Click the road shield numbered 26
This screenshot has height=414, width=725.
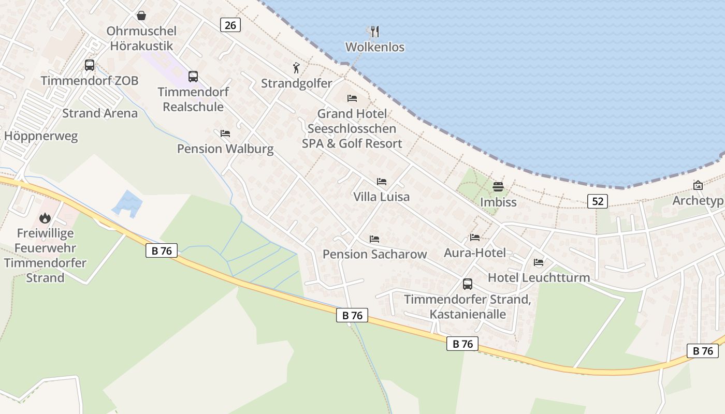(x=230, y=24)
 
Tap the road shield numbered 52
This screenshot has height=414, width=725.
(x=598, y=201)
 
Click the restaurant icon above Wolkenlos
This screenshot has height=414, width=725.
(x=375, y=32)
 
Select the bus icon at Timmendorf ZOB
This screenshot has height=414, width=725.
(x=90, y=65)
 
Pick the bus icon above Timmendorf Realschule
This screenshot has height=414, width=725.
(x=193, y=77)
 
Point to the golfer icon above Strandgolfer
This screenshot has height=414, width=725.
(x=296, y=68)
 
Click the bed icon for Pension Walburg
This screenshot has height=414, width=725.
(x=225, y=134)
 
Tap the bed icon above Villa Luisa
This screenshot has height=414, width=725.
(x=382, y=182)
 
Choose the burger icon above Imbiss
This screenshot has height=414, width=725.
(x=498, y=186)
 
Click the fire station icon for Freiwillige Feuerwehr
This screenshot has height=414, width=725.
(x=45, y=218)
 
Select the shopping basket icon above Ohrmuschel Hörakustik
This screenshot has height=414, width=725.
(x=141, y=16)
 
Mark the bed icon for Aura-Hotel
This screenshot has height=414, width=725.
(x=475, y=238)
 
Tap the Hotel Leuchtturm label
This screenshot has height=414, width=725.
(x=539, y=277)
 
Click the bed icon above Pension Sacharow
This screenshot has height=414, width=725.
(x=374, y=239)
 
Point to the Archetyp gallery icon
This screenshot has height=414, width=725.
(x=698, y=185)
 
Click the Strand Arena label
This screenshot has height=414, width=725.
(x=100, y=113)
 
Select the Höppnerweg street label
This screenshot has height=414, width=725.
(x=41, y=136)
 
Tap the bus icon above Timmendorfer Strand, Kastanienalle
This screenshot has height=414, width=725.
(x=468, y=284)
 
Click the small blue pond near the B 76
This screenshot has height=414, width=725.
(x=127, y=203)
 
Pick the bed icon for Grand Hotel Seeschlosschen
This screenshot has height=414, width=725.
(x=352, y=98)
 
